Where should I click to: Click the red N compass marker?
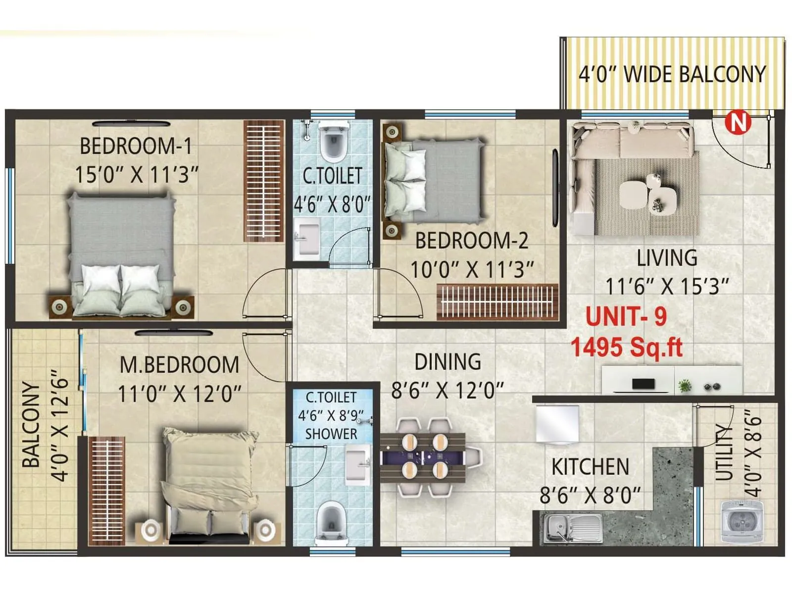(738, 122)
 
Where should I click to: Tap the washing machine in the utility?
(741, 521)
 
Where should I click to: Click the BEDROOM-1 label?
(136, 147)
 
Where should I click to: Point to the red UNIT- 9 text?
(626, 317)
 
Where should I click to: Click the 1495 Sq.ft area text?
(627, 347)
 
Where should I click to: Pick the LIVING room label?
(667, 258)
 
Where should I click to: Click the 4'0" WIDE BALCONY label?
(672, 74)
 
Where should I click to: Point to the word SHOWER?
(331, 434)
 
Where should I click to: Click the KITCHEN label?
(590, 467)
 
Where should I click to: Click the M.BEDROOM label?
(179, 365)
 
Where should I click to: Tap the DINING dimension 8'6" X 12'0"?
(447, 391)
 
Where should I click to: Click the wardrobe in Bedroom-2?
(497, 301)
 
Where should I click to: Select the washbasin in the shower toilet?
(356, 464)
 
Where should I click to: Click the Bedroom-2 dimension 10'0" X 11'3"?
(472, 270)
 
